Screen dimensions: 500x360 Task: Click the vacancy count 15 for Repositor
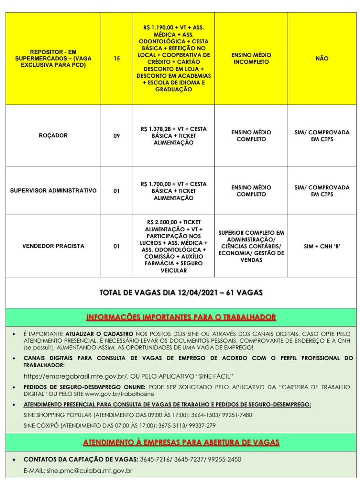pyautogui.click(x=117, y=59)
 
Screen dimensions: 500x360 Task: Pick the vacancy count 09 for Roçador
pyautogui.click(x=117, y=136)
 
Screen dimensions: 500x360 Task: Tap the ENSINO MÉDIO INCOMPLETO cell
pyautogui.click(x=251, y=59)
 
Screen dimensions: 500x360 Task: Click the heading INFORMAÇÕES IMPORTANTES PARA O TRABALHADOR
pyautogui.click(x=180, y=317)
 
